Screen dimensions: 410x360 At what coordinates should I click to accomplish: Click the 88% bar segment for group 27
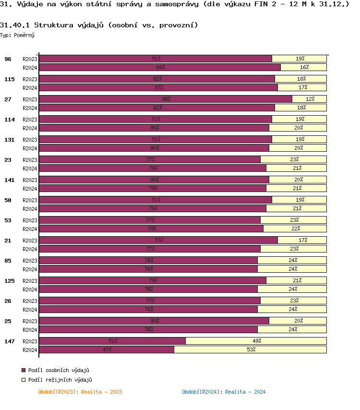[166, 99]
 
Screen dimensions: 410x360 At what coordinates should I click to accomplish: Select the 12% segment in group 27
[310, 99]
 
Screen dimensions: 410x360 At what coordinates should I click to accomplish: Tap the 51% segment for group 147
[112, 341]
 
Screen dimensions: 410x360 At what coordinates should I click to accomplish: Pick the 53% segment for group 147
[250, 350]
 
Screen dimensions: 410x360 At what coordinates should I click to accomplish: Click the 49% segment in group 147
[256, 341]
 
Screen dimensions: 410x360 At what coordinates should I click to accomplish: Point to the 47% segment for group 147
[107, 350]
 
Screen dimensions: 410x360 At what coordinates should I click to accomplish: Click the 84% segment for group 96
[160, 67]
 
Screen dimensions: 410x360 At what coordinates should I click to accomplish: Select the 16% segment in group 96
[304, 67]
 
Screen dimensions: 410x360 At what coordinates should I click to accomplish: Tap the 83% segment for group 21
[158, 240]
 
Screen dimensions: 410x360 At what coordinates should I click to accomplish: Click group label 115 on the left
[9, 79]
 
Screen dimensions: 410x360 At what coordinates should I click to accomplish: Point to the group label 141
[9, 180]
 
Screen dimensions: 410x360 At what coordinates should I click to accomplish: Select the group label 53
[8, 220]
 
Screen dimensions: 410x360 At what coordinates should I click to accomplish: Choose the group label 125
[9, 281]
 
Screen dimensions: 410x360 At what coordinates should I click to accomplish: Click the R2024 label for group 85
[30, 269]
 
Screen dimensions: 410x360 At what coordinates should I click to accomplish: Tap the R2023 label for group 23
[30, 159]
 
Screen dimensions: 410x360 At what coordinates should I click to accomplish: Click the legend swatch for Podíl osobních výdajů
[24, 370]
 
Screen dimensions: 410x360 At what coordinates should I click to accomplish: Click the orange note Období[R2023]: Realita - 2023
[80, 392]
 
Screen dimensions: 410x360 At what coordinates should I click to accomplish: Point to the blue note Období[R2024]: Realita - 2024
[224, 392]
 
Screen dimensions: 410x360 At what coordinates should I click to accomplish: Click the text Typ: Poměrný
[17, 35]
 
